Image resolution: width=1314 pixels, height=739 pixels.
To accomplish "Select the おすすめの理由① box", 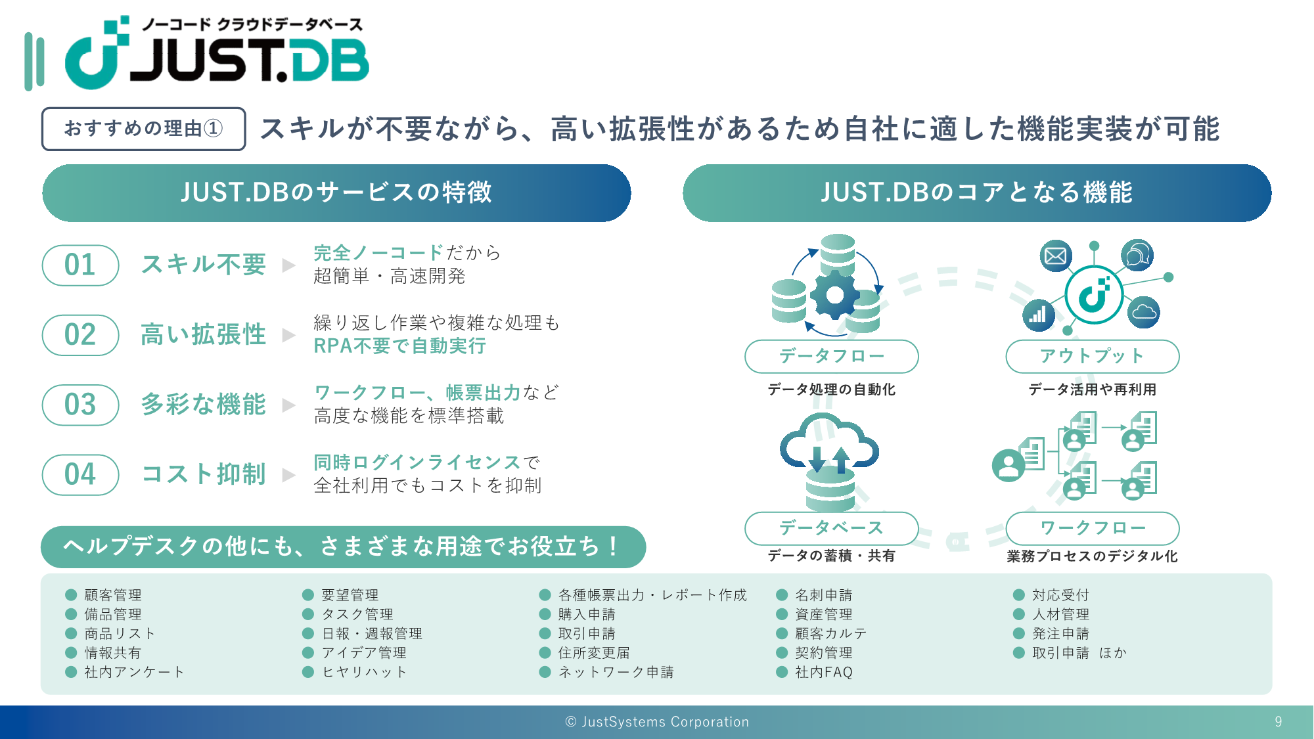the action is click(144, 129).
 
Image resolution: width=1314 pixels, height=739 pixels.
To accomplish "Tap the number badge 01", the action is click(80, 265).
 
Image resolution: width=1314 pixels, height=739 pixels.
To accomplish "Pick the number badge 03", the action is click(80, 405).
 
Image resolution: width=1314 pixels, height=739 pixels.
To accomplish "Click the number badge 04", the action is click(80, 474).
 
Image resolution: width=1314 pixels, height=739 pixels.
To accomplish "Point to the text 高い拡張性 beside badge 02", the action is click(204, 334).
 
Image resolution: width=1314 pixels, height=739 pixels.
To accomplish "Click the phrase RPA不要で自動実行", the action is click(399, 346).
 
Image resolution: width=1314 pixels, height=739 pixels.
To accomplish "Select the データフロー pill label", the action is click(831, 356).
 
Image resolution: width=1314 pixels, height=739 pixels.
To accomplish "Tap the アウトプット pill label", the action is click(1093, 356).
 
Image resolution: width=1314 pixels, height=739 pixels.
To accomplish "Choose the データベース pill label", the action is click(831, 528).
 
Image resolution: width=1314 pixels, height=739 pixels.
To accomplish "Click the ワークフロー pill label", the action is click(1093, 528).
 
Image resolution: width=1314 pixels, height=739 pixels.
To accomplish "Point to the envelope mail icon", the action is click(1056, 256).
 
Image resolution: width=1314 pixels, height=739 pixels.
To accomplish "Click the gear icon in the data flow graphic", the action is click(834, 295).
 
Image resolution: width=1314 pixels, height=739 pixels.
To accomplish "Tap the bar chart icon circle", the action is click(1038, 315).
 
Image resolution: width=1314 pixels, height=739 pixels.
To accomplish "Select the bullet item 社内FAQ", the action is click(824, 672).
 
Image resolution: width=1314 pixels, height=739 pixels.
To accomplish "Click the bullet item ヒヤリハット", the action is click(364, 672).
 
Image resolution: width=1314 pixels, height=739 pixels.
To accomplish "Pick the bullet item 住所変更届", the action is click(594, 653).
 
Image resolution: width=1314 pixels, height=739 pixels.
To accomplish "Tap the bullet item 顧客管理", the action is click(113, 595).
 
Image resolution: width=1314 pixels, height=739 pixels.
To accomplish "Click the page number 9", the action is click(1279, 722).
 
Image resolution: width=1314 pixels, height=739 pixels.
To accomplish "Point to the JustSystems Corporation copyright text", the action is click(657, 722).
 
